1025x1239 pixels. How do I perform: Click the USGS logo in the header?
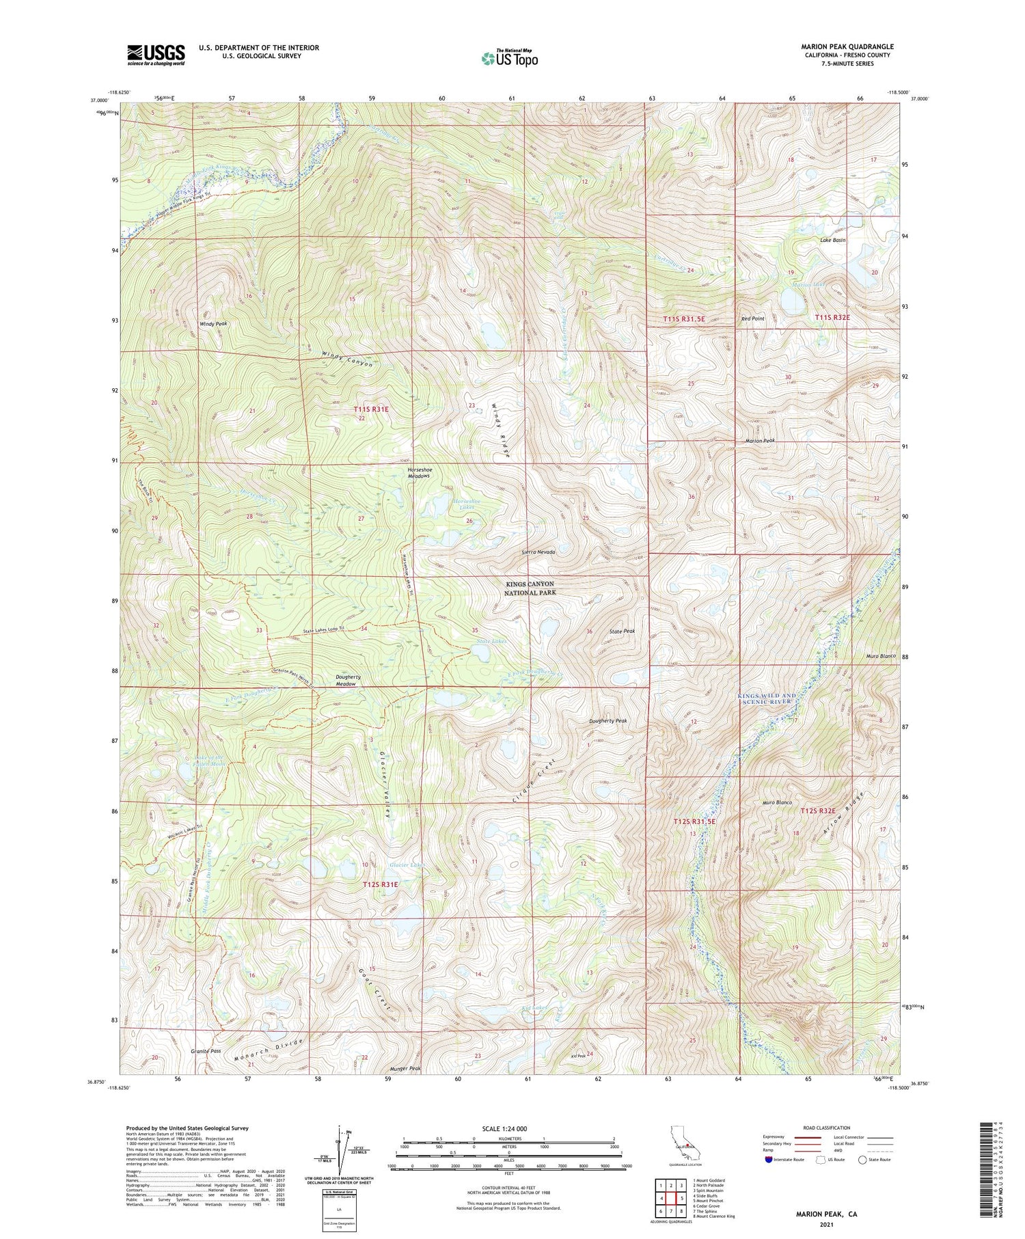[156, 55]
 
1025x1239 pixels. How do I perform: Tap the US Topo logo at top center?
[508, 58]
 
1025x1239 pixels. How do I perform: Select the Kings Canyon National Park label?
[530, 588]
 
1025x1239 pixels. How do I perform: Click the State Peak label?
[623, 631]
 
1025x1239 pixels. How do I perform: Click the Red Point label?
[752, 319]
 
